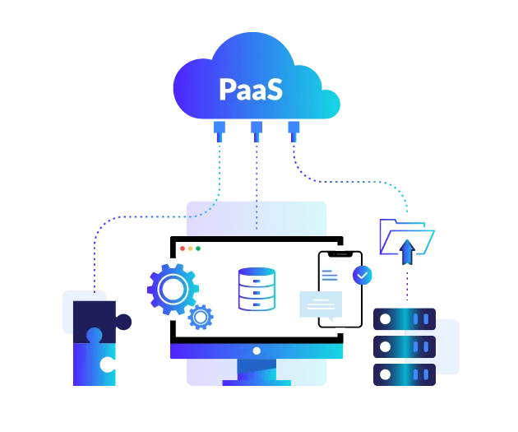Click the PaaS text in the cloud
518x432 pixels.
(x=251, y=90)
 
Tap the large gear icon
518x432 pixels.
(x=173, y=288)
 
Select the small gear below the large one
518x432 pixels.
(x=201, y=316)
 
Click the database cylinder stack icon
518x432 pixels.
(x=257, y=289)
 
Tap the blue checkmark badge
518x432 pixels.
(x=361, y=274)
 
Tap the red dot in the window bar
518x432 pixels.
(x=182, y=248)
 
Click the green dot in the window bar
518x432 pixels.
(x=198, y=248)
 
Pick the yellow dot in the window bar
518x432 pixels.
(x=190, y=248)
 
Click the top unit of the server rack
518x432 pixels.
(x=405, y=317)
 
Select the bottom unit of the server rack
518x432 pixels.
(x=405, y=374)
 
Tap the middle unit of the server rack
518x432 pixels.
(x=405, y=346)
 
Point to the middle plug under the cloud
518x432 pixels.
(x=257, y=130)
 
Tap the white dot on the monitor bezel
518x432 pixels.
(x=257, y=351)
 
